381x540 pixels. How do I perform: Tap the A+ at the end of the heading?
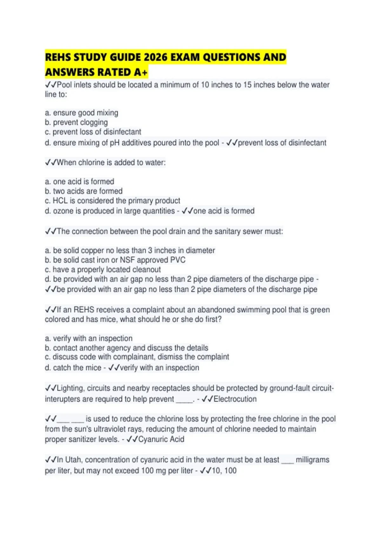141,72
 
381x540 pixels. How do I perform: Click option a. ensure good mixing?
82,113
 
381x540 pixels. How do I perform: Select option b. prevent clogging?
76,122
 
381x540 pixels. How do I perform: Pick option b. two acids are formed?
84,191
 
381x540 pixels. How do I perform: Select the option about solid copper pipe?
130,250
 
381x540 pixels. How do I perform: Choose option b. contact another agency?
126,348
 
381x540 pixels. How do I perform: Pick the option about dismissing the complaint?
137,357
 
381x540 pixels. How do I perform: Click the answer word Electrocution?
235,399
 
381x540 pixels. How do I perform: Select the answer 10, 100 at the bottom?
224,470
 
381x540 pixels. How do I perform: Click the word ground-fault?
289,388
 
